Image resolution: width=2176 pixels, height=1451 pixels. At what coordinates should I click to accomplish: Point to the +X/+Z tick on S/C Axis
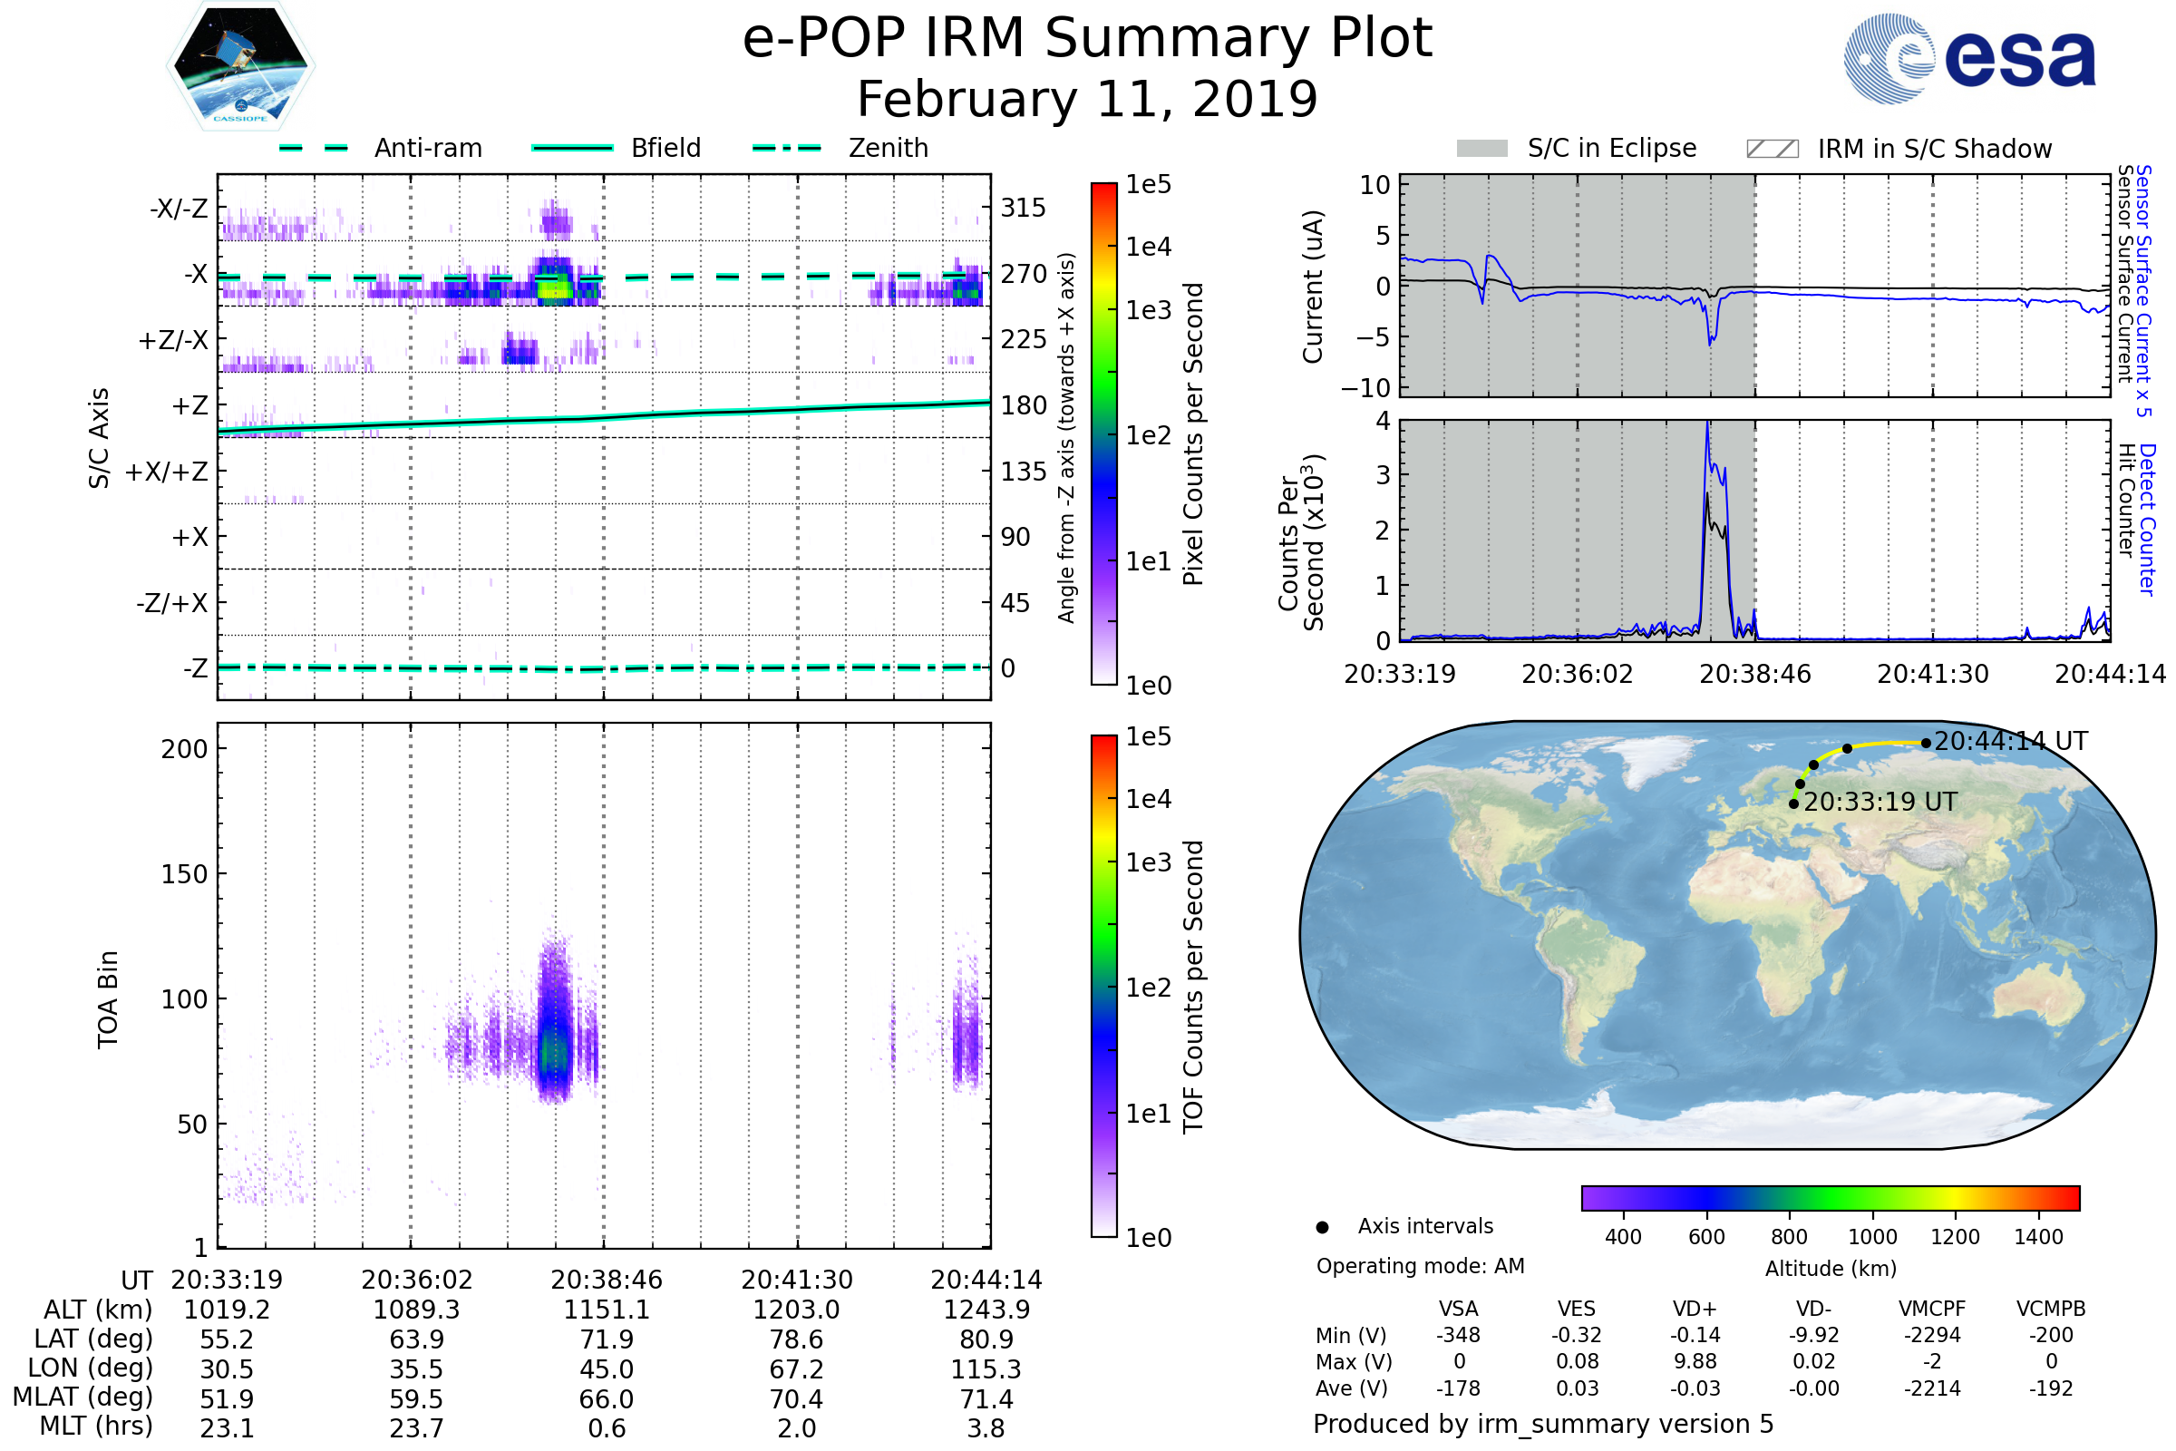tap(167, 472)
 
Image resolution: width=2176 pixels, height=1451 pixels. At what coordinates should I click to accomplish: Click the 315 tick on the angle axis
tap(1023, 208)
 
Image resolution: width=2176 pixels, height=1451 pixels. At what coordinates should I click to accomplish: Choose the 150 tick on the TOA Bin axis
tap(184, 874)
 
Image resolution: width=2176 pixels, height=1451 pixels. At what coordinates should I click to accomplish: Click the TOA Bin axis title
tap(107, 998)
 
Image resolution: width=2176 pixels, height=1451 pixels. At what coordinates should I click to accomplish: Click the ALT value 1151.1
tap(606, 1310)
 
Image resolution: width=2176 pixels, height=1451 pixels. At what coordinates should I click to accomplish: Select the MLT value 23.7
tap(416, 1427)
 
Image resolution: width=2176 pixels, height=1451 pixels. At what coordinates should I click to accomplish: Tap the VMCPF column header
tap(1932, 1309)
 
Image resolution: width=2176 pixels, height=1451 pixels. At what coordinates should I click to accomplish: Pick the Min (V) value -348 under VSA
tap(1458, 1335)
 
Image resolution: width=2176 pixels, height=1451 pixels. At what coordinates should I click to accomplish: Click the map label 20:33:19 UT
tap(1880, 803)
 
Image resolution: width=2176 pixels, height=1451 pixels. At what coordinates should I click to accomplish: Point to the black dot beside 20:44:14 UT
tap(1925, 743)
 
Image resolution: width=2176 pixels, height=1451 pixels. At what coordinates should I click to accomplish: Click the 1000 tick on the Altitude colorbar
tap(1871, 1237)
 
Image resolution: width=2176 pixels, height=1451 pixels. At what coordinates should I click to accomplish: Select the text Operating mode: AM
tap(1420, 1266)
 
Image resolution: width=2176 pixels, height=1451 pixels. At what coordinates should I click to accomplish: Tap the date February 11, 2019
tap(1087, 99)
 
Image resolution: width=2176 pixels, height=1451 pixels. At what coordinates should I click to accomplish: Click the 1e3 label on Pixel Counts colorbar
tap(1148, 311)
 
